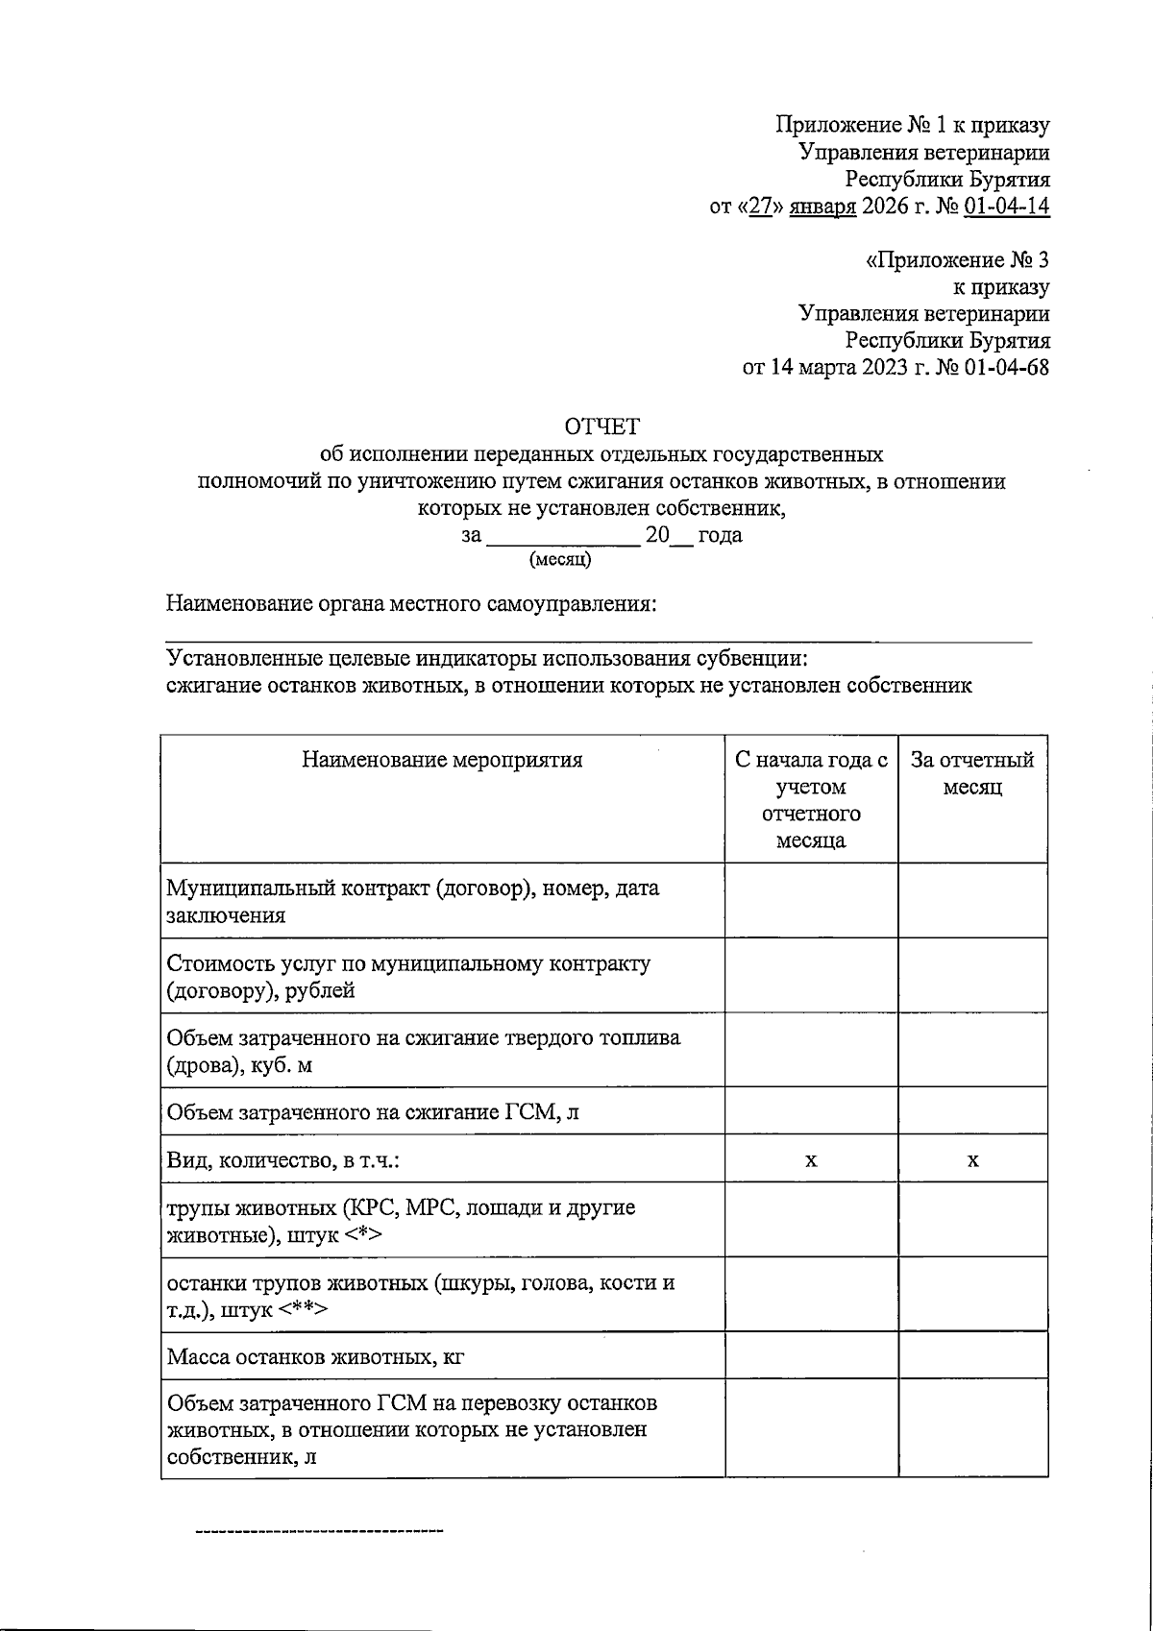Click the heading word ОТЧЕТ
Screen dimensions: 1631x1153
click(601, 426)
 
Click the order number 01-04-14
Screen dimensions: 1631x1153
click(1006, 207)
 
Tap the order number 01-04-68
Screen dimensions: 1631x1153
click(1006, 368)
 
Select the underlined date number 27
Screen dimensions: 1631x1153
click(761, 207)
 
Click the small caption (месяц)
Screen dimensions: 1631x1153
click(560, 559)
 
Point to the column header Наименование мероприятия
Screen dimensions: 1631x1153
click(442, 761)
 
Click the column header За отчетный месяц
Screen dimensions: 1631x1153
click(972, 773)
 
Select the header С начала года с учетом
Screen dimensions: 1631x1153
click(811, 773)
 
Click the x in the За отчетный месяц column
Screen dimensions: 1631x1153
click(972, 1160)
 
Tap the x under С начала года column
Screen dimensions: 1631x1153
click(811, 1160)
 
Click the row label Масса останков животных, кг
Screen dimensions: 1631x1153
click(316, 1357)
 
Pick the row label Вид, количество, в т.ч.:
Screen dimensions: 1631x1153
click(282, 1160)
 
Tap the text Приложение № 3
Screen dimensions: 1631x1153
click(958, 260)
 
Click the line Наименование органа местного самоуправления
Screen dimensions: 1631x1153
click(411, 604)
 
